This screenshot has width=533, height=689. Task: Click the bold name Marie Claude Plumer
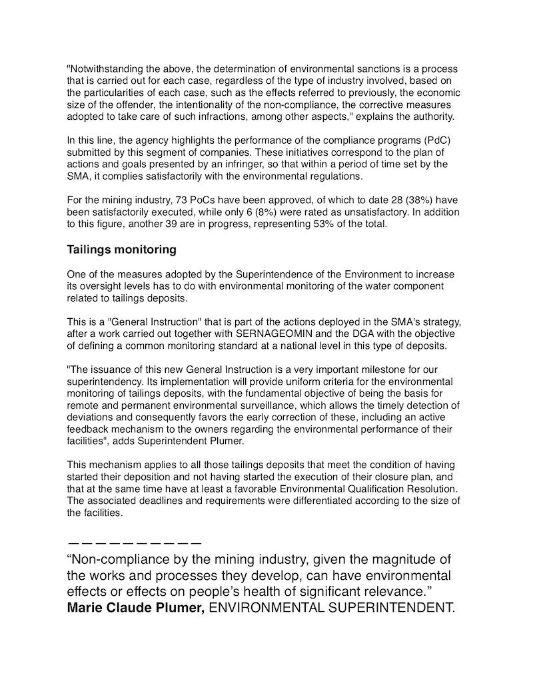(x=136, y=608)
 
